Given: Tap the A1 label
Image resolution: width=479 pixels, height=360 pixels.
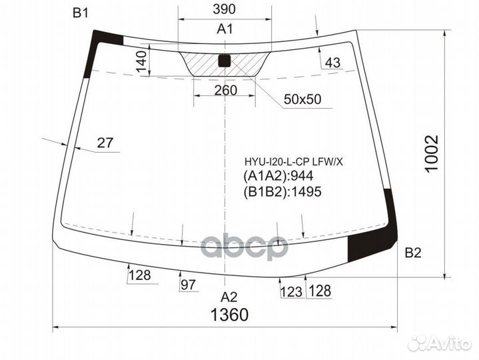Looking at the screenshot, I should (x=225, y=29).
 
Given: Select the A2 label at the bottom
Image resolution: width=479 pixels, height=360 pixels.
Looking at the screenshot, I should (x=229, y=297).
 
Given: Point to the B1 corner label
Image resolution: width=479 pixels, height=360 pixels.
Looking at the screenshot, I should (x=81, y=13).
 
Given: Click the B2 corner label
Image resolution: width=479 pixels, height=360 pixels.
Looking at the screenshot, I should (x=413, y=253).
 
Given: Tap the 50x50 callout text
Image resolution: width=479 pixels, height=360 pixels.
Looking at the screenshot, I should (x=302, y=99).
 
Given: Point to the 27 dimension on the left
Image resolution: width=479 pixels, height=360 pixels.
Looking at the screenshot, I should (x=105, y=142).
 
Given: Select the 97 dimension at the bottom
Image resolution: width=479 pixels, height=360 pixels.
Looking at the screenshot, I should (x=189, y=285).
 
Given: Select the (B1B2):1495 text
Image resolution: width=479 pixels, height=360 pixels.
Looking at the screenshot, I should (x=282, y=192).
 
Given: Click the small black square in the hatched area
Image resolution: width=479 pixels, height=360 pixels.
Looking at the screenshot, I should (x=225, y=61).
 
